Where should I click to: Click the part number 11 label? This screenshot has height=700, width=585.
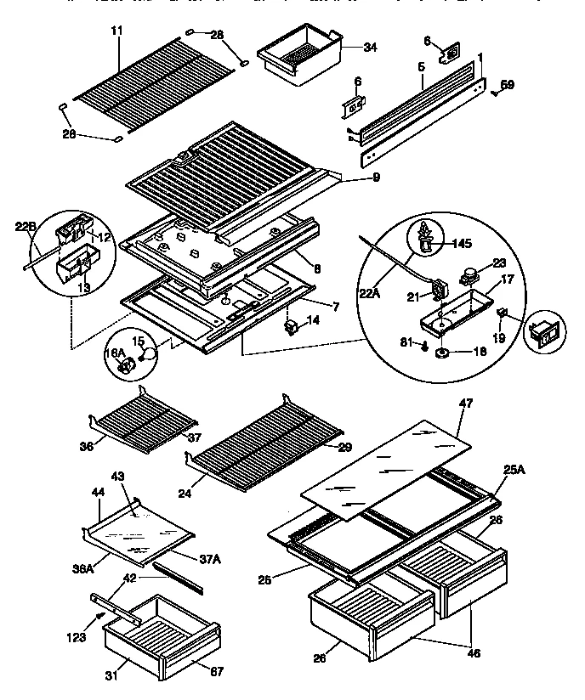point(116,31)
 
